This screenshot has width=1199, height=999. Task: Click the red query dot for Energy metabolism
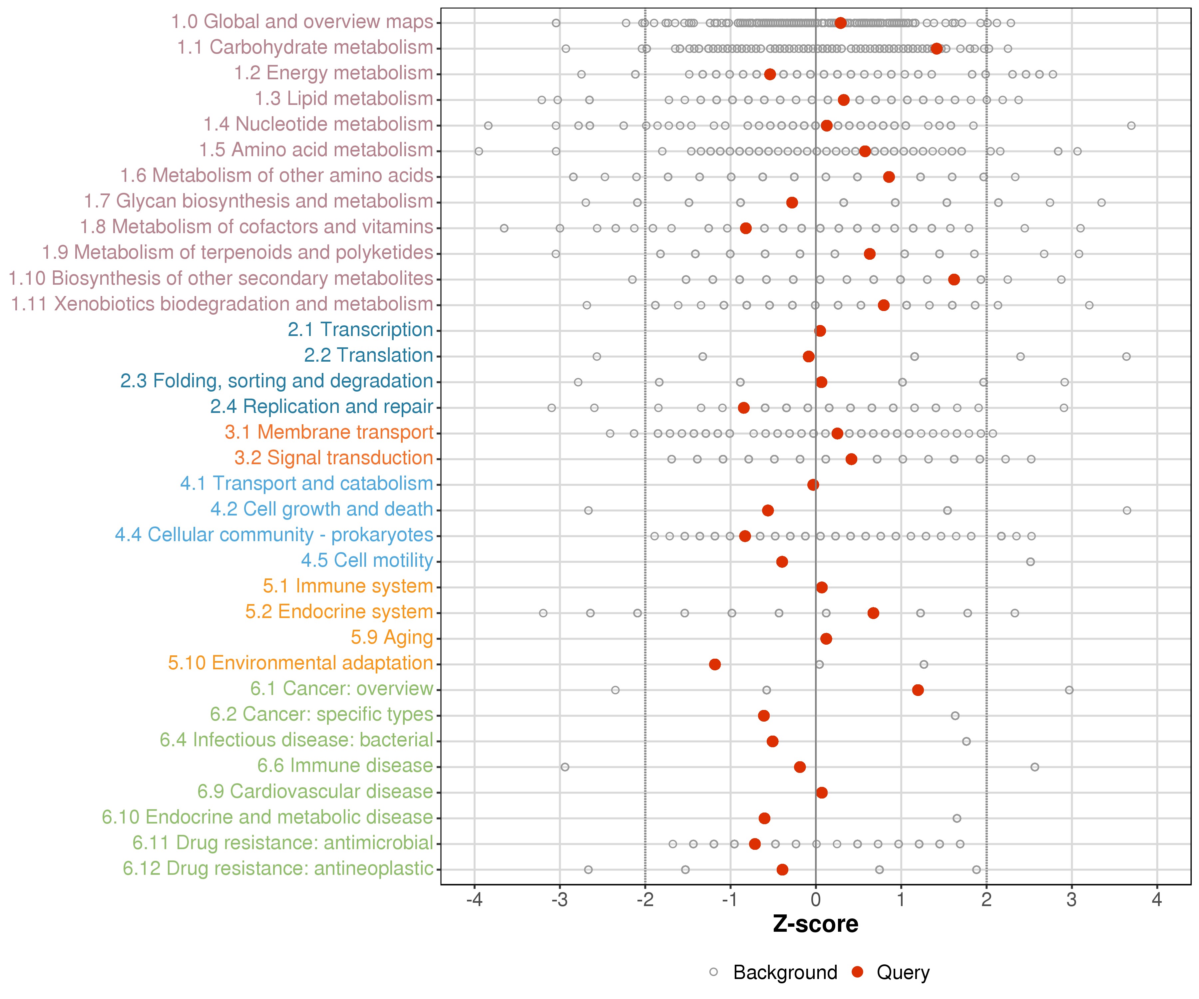[x=770, y=74]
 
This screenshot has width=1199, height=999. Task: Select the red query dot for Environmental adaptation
[x=714, y=664]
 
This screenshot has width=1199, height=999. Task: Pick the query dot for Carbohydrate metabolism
[x=936, y=49]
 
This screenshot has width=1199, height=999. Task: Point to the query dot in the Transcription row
[x=820, y=331]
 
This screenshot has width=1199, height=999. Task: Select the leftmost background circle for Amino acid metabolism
[x=479, y=151]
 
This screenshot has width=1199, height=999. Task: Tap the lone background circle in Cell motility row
[x=1030, y=562]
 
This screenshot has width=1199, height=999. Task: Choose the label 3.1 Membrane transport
[x=329, y=432]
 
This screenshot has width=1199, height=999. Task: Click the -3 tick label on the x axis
[x=560, y=900]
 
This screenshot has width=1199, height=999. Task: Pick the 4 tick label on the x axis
[x=1157, y=900]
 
